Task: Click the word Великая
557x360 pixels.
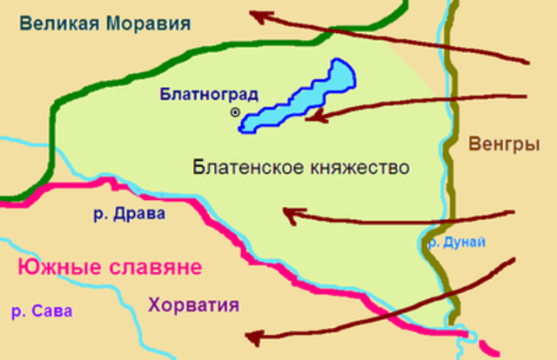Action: [58, 23]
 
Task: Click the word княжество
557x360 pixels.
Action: [358, 167]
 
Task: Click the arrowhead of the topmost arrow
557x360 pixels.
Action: [255, 14]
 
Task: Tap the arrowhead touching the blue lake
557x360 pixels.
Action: [309, 116]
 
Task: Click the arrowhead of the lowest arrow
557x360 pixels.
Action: [252, 337]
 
